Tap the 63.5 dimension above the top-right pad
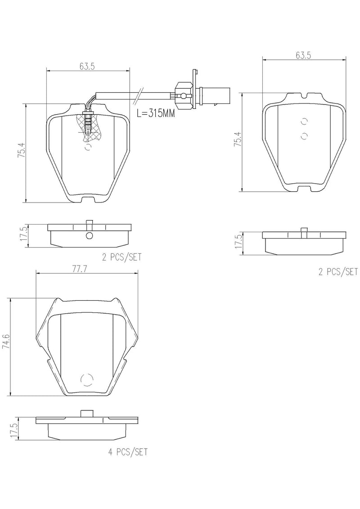[x=304, y=55]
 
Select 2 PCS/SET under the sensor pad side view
[x=121, y=257]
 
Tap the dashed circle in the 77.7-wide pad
[x=86, y=380]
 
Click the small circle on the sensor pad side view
[x=89, y=236]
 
